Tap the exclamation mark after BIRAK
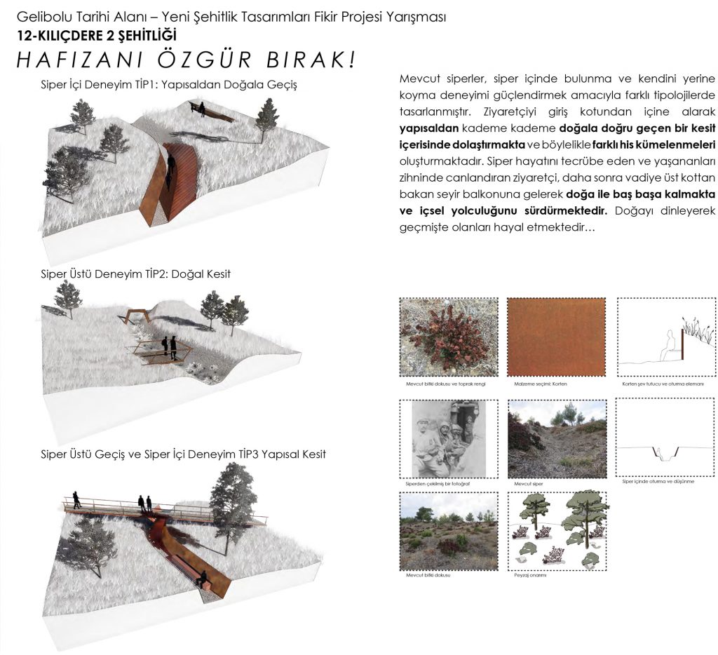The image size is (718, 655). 349,60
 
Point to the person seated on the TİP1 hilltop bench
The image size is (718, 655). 202,108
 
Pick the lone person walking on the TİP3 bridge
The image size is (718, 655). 76,499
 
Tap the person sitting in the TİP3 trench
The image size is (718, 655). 203,579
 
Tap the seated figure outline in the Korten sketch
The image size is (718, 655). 672,347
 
